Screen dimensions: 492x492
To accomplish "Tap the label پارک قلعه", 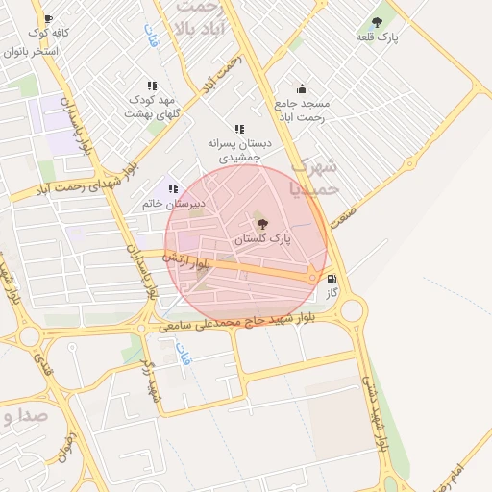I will tap(376, 36).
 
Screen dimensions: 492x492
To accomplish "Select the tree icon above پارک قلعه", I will tap(376, 21).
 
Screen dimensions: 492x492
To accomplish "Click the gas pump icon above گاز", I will tap(332, 281).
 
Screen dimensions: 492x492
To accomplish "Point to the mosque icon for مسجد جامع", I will tap(302, 89).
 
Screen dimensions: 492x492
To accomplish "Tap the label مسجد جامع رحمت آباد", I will tap(302, 110).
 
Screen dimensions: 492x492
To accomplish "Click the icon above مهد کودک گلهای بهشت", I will tap(152, 86).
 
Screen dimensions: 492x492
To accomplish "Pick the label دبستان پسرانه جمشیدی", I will tap(239, 149).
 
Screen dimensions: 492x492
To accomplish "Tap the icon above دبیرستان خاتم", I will tap(173, 189).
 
